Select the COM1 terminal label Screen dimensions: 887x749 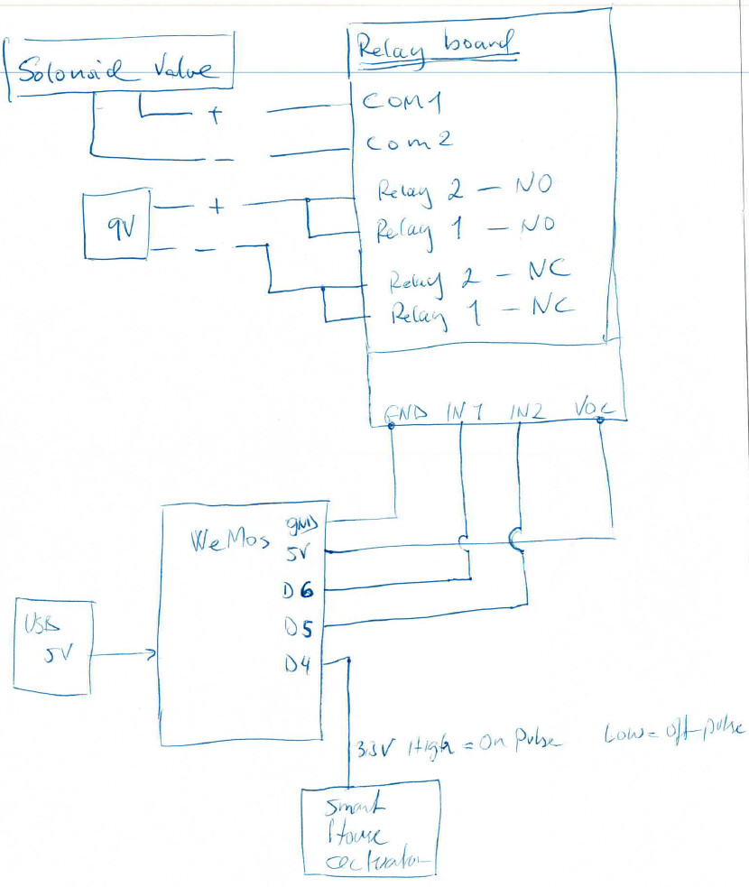pyautogui.click(x=402, y=102)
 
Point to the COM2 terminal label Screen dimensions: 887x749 pyautogui.click(x=407, y=143)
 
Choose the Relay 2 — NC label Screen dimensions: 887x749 pyautogui.click(x=478, y=277)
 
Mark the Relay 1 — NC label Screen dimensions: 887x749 pyautogui.click(x=480, y=311)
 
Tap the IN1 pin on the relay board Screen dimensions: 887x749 pyautogui.click(x=465, y=411)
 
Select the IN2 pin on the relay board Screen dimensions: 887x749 pyautogui.click(x=526, y=411)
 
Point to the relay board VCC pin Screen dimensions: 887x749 pyautogui.click(x=595, y=409)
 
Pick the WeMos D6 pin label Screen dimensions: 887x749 pyautogui.click(x=298, y=590)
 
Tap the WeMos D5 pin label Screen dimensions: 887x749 pyautogui.click(x=299, y=626)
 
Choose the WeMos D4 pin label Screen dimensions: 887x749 pyautogui.click(x=299, y=666)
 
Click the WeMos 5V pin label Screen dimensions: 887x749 pyautogui.click(x=298, y=553)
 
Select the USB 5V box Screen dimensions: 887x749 pyautogui.click(x=52, y=645)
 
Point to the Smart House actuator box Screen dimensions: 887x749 pyautogui.click(x=371, y=827)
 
